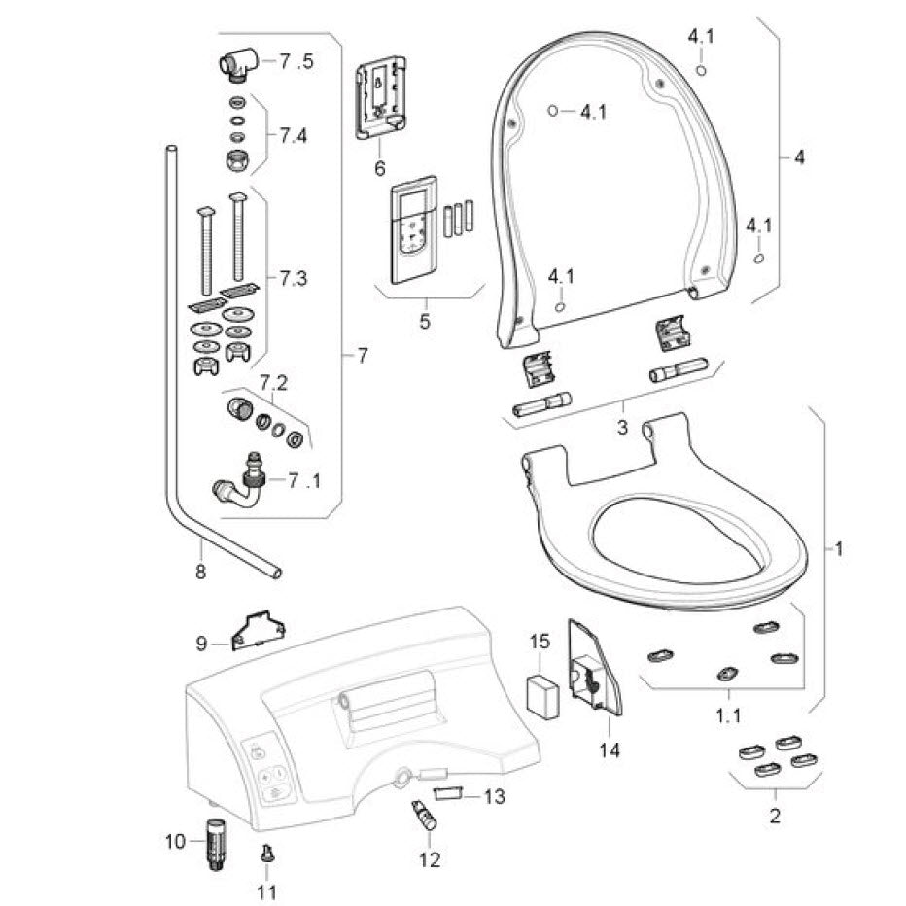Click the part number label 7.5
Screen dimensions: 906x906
click(296, 62)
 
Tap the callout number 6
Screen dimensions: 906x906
click(380, 168)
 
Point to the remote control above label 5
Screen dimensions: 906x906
click(412, 230)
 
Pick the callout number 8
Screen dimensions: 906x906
click(200, 573)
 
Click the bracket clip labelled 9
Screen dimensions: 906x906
click(255, 630)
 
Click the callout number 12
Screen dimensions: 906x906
click(429, 859)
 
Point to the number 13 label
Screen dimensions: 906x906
click(494, 797)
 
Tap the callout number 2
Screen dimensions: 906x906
click(774, 816)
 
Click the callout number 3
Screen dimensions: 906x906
click(622, 428)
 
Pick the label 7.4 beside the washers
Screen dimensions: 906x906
click(293, 136)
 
